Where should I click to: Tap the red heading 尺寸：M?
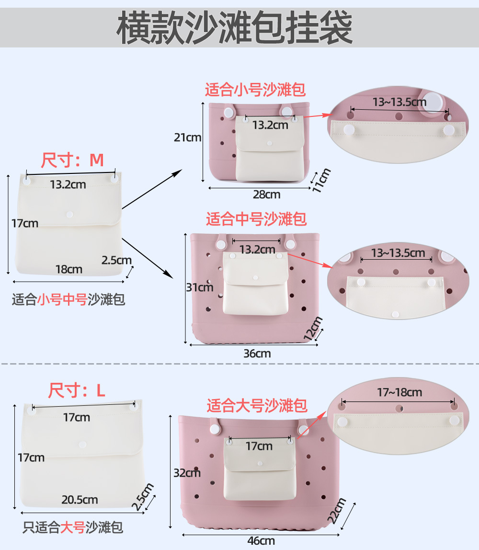click(x=72, y=160)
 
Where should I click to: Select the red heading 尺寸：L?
click(x=76, y=390)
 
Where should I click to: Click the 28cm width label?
click(x=266, y=195)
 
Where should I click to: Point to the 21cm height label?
click(x=188, y=137)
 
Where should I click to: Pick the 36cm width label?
click(x=257, y=354)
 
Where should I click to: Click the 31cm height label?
click(x=200, y=287)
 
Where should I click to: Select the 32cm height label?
click(x=187, y=473)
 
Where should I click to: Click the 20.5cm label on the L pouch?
click(x=80, y=500)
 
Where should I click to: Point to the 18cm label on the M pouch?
click(x=68, y=269)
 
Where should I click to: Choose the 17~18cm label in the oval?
click(x=399, y=393)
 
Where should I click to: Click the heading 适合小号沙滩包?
click(x=255, y=90)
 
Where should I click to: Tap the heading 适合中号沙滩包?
click(x=256, y=219)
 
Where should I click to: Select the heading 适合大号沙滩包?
click(x=257, y=406)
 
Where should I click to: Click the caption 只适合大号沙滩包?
click(x=73, y=528)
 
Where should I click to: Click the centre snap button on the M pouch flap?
click(x=70, y=214)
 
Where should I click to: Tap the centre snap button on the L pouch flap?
click(x=82, y=445)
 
